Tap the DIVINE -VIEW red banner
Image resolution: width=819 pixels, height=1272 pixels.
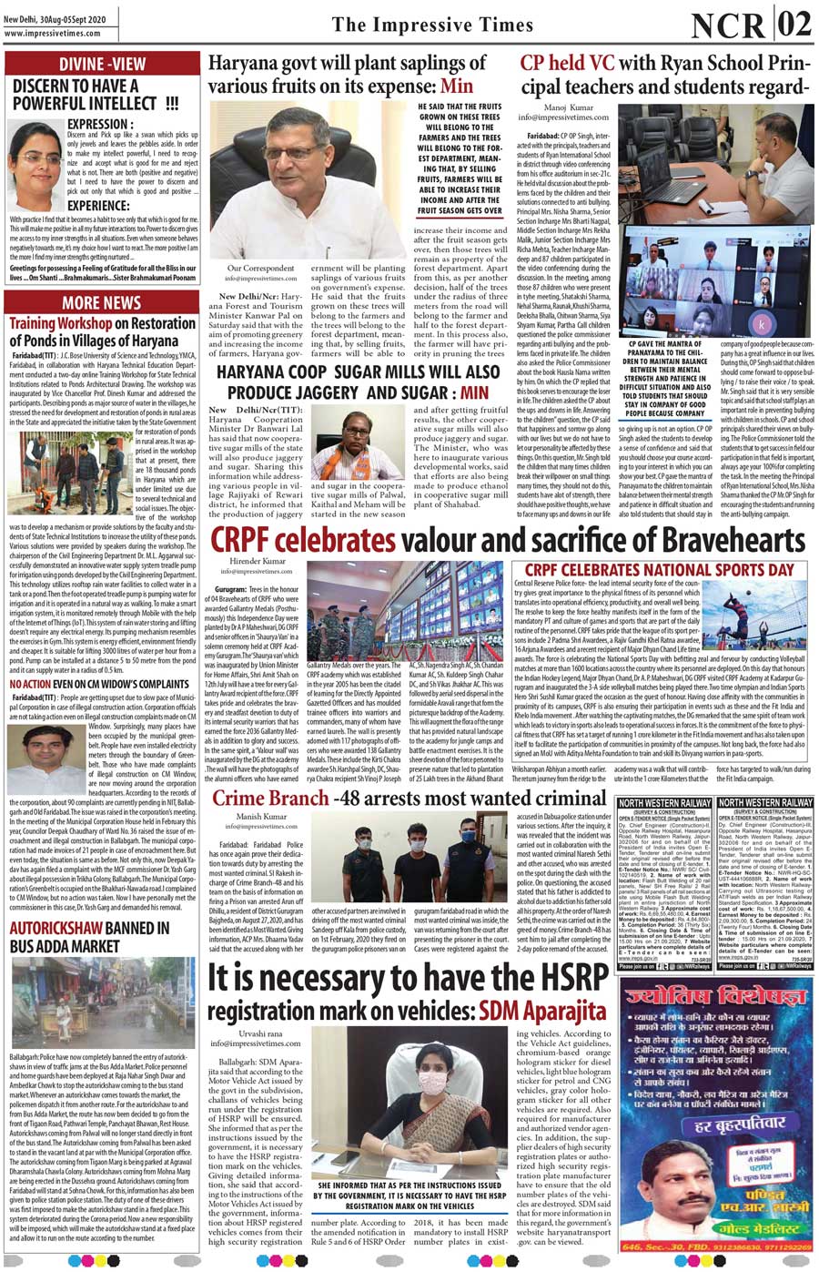102,64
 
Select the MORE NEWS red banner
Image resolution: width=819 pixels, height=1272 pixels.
102,302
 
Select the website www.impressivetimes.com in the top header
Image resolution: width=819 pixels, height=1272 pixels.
51,34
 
